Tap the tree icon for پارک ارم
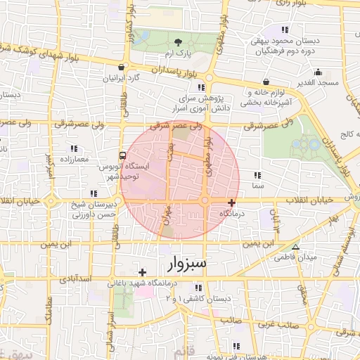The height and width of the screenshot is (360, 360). tap(178, 43)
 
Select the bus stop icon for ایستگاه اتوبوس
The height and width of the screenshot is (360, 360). tap(123, 155)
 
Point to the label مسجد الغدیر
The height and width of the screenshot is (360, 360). tap(318, 83)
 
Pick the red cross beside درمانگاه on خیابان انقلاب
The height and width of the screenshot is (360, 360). tap(231, 202)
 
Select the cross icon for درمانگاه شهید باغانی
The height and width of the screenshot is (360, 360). tap(142, 272)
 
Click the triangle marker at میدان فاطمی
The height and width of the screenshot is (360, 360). tap(296, 247)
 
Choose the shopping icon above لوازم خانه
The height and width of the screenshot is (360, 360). tap(265, 82)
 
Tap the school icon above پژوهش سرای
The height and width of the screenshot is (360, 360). tap(201, 88)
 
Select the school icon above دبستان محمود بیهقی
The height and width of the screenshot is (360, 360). tap(284, 30)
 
